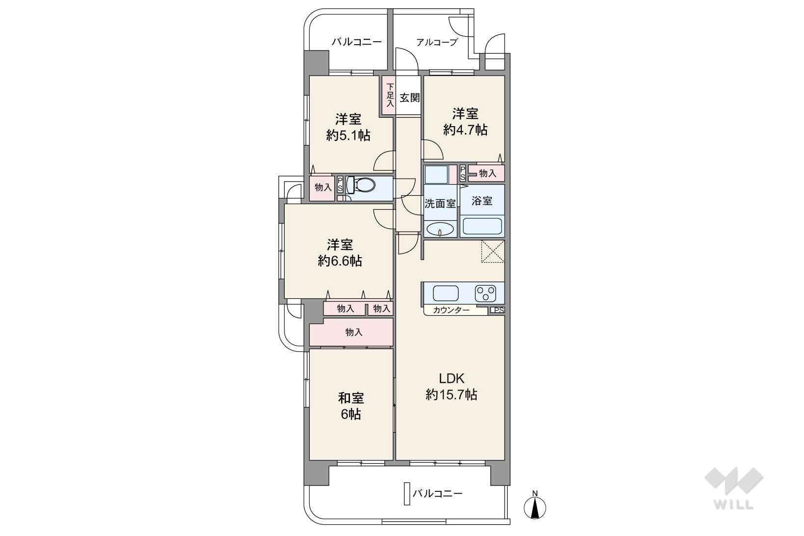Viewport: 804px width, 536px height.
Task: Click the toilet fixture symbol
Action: click(x=361, y=185)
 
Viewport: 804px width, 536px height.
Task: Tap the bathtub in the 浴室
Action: click(x=482, y=226)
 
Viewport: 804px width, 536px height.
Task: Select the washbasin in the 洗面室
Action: click(x=440, y=229)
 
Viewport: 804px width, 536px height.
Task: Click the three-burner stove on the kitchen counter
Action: click(x=485, y=294)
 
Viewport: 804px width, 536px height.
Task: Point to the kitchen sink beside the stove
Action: click(x=445, y=294)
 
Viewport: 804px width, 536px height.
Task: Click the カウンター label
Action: click(x=451, y=310)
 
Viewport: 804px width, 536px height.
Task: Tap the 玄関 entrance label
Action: click(x=409, y=97)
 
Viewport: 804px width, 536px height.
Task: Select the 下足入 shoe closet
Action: click(x=389, y=96)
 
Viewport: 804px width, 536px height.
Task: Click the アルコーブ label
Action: click(x=437, y=42)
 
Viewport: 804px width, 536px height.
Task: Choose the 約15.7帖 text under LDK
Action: click(x=451, y=395)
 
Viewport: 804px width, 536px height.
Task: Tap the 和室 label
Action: click(x=350, y=398)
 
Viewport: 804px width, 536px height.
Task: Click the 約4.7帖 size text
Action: click(x=465, y=130)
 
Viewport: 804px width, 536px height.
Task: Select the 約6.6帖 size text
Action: click(x=340, y=261)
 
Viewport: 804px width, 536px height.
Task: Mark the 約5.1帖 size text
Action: click(x=348, y=135)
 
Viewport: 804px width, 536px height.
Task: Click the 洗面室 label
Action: click(x=440, y=204)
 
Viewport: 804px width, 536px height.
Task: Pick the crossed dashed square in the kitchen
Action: click(x=492, y=251)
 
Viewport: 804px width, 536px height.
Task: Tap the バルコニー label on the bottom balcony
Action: click(x=437, y=493)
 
